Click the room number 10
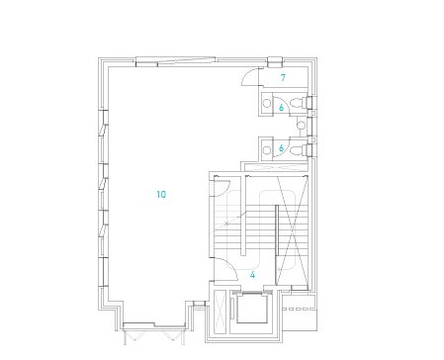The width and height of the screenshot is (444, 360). point(161,195)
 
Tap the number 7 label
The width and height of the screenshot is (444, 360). point(283,78)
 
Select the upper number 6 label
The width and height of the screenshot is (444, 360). point(281,108)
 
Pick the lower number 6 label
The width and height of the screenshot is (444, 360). point(281,148)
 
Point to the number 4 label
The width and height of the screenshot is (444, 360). point(252,275)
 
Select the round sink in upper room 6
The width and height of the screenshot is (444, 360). point(267,103)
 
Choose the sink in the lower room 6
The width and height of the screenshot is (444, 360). point(267,150)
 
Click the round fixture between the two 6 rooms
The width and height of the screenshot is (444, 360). point(302,126)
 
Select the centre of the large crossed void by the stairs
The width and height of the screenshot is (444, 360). point(292,229)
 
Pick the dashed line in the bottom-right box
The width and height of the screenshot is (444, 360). point(299,310)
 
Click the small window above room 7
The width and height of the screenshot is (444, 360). point(275,62)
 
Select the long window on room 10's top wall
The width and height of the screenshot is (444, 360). point(176,60)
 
